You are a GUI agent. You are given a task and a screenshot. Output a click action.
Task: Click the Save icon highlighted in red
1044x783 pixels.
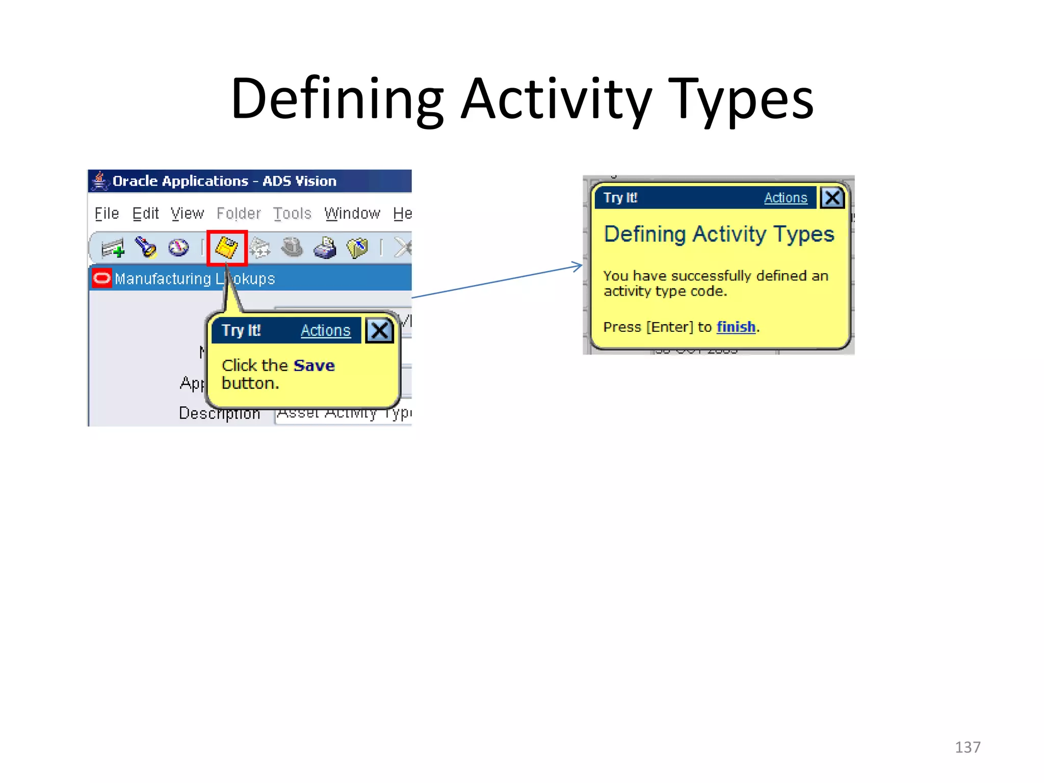(x=227, y=248)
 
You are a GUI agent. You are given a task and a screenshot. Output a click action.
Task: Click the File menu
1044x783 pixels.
(x=107, y=214)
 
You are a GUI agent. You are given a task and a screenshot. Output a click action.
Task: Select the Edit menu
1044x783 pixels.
(x=145, y=214)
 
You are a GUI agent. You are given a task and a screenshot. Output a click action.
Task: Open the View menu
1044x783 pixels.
(x=187, y=214)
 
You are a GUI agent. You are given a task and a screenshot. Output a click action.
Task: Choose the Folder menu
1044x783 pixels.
(x=239, y=214)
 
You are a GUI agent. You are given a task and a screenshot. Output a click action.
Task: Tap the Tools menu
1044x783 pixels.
(x=292, y=214)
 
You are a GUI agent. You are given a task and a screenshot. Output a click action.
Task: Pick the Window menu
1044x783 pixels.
(x=352, y=214)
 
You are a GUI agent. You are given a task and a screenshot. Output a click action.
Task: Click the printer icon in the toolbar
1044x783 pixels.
(x=325, y=248)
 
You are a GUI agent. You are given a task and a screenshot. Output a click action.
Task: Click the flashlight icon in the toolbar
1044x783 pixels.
(x=145, y=248)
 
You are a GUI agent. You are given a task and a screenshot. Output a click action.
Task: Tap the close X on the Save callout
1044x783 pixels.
(x=379, y=331)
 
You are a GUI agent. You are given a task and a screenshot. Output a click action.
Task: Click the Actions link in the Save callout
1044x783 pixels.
(x=325, y=331)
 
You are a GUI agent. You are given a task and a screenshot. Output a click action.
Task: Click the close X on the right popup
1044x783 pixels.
(x=832, y=198)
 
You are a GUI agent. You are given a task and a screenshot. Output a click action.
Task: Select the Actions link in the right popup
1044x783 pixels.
(x=785, y=198)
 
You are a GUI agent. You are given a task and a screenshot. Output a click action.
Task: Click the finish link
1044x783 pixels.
(x=736, y=327)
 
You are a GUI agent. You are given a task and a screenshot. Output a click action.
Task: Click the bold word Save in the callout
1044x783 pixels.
(x=314, y=366)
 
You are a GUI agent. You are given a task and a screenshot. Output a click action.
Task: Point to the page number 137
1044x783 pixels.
(x=967, y=747)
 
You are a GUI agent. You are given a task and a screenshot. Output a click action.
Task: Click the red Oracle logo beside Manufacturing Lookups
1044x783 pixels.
(x=102, y=278)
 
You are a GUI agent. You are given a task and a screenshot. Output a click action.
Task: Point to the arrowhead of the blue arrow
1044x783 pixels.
(x=580, y=266)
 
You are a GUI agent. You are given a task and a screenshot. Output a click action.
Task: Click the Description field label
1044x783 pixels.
(x=219, y=413)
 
